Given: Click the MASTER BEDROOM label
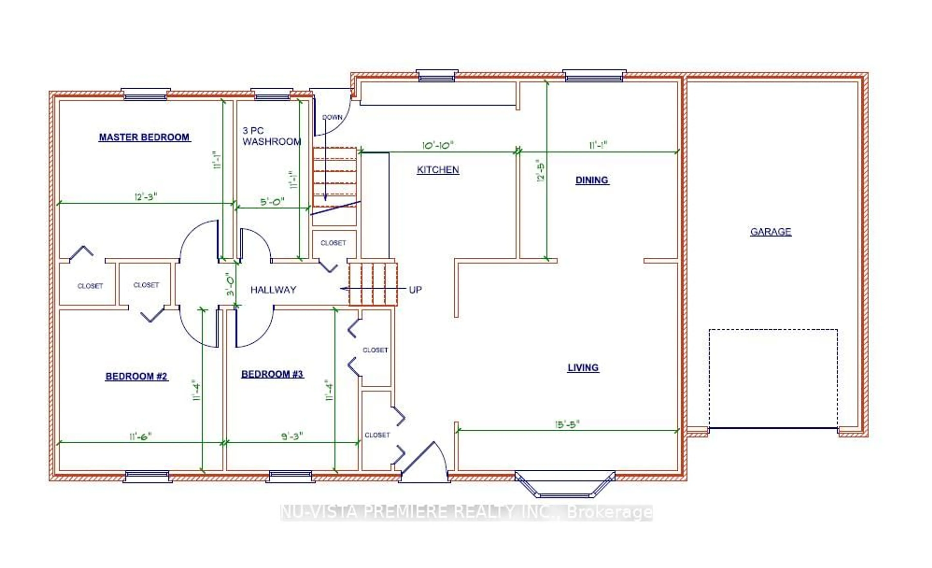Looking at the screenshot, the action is pos(144,137).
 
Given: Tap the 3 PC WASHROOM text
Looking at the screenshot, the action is pos(272,136).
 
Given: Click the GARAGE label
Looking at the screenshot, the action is pos(771,232).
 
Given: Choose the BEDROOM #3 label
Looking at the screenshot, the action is pos(272,374).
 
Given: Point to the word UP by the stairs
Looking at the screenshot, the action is pos(415,290).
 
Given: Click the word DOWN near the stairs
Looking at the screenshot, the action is pos(332,117).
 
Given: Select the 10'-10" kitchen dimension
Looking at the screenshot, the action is pos(438,145).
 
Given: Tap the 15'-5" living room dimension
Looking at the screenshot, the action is pos(567,424).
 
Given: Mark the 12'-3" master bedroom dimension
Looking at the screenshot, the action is pos(146,197).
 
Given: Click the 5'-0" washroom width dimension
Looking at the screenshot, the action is pos(272,202).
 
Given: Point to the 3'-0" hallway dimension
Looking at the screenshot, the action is pos(230,286).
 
